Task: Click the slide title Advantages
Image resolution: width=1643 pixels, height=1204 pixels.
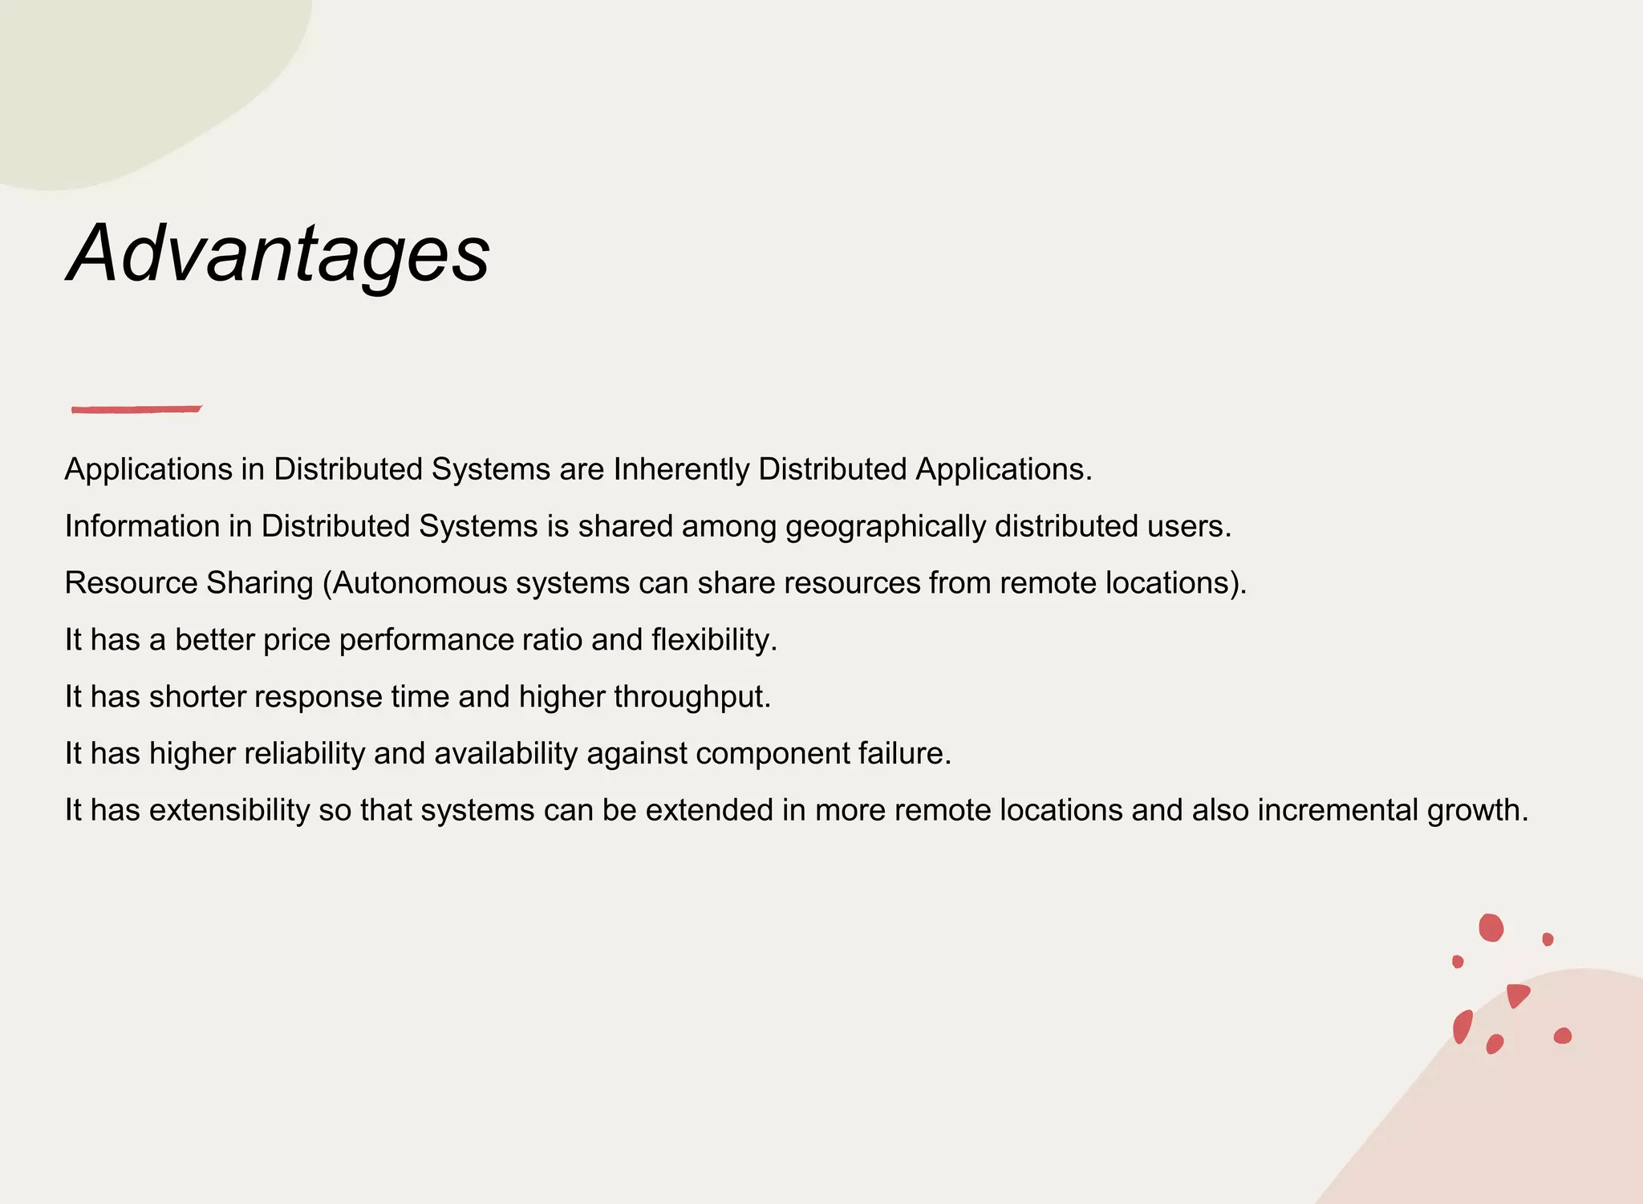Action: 278,253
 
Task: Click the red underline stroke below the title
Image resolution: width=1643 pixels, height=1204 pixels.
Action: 136,409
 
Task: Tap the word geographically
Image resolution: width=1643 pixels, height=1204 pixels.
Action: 885,527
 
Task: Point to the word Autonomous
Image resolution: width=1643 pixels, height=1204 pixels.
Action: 420,583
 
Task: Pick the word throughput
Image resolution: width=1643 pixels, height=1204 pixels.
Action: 692,697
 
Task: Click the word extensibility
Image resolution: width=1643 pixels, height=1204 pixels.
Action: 229,811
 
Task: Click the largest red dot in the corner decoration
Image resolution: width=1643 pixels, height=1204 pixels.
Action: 1491,927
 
